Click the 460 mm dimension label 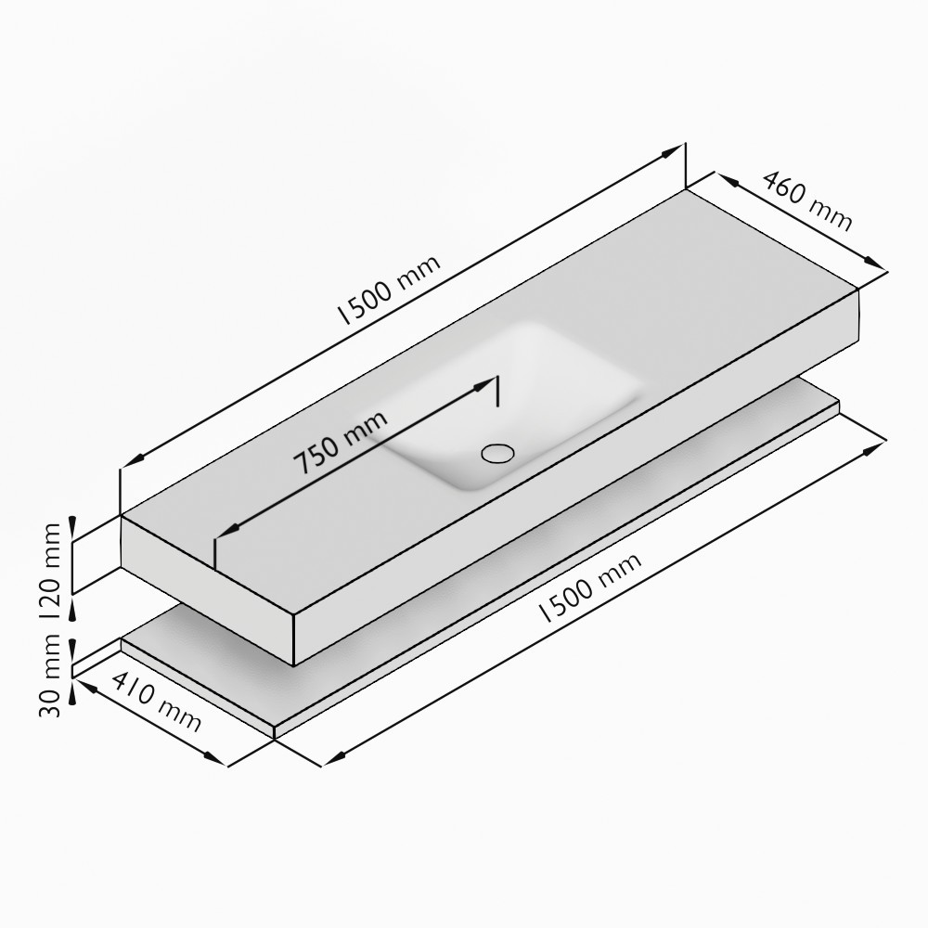(x=806, y=200)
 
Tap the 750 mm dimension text (x=341, y=443)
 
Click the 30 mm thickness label (x=49, y=676)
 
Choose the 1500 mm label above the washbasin (x=389, y=290)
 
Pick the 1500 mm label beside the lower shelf (x=590, y=587)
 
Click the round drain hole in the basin (x=497, y=454)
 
